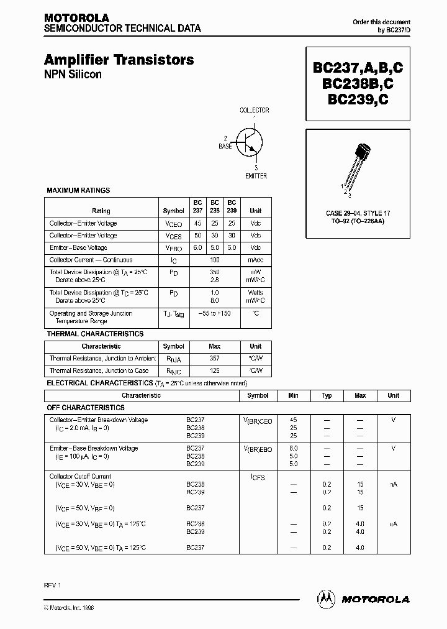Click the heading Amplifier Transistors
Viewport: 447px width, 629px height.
pyautogui.click(x=119, y=60)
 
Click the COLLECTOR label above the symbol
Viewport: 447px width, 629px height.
pyautogui.click(x=255, y=111)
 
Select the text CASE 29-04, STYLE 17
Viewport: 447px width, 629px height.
pyautogui.click(x=358, y=213)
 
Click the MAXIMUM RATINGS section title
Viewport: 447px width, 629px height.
pyautogui.click(x=78, y=190)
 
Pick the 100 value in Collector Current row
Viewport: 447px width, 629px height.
pyautogui.click(x=214, y=260)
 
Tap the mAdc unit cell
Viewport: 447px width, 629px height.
pyautogui.click(x=255, y=260)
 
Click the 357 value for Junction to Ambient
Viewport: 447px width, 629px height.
pyautogui.click(x=214, y=359)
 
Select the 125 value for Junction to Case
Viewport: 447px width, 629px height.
pyautogui.click(x=214, y=370)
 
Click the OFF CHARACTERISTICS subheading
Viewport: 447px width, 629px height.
pyautogui.click(x=86, y=408)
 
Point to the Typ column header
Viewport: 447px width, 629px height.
pyautogui.click(x=327, y=395)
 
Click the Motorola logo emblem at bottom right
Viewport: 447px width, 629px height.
pyautogui.click(x=325, y=599)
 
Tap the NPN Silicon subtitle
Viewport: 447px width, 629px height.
pyautogui.click(x=73, y=75)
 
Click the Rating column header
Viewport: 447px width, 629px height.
pyautogui.click(x=101, y=211)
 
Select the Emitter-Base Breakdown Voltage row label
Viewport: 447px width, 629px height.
pyautogui.click(x=94, y=448)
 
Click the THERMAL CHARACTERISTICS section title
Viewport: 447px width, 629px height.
pyautogui.click(x=95, y=334)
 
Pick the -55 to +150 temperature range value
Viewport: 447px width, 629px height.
pyautogui.click(x=214, y=313)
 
